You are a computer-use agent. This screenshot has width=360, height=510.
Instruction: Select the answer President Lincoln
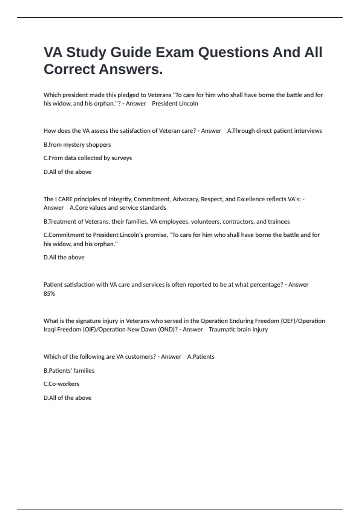click(175, 103)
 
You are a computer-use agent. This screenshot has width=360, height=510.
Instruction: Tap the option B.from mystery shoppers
click(77, 145)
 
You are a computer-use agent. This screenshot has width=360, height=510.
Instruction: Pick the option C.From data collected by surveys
click(88, 158)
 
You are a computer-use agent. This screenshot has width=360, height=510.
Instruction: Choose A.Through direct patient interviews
click(274, 131)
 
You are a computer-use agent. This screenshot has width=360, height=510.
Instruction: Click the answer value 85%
click(49, 294)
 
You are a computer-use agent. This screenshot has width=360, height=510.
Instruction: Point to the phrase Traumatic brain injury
click(238, 329)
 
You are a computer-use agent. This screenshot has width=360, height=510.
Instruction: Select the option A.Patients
click(201, 357)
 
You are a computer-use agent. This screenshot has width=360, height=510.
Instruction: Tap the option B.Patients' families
click(69, 370)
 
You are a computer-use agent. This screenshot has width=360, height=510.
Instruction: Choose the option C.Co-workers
click(61, 384)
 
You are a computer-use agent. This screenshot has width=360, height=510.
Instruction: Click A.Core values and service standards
click(118, 208)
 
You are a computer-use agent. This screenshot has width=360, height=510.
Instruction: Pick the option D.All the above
click(64, 257)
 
